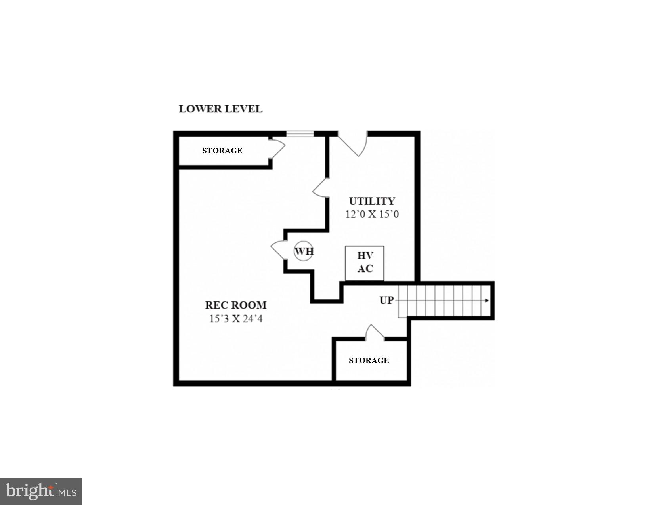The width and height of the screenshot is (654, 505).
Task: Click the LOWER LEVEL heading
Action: click(x=220, y=109)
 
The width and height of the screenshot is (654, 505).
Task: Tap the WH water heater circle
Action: click(x=304, y=251)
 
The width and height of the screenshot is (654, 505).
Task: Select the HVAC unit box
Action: click(x=365, y=263)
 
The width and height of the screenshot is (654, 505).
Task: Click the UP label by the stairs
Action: click(x=386, y=301)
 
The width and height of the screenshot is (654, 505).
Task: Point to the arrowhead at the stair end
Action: click(x=487, y=301)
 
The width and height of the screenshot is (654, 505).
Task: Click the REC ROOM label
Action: click(x=236, y=305)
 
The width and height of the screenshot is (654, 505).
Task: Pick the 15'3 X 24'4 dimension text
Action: click(x=236, y=318)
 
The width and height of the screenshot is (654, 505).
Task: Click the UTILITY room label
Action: click(x=372, y=201)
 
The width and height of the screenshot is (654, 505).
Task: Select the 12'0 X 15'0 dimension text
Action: click(x=372, y=214)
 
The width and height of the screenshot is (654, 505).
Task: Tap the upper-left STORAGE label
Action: click(x=222, y=151)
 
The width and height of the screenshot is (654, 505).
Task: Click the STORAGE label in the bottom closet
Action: click(x=369, y=360)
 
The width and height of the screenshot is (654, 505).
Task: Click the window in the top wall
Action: click(x=300, y=134)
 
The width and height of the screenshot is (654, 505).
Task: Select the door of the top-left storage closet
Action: click(x=278, y=149)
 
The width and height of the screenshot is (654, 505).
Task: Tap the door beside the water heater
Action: click(x=278, y=250)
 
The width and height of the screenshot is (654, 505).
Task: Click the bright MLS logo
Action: click(x=41, y=492)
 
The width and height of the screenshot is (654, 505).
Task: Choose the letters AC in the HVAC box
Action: click(x=365, y=269)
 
